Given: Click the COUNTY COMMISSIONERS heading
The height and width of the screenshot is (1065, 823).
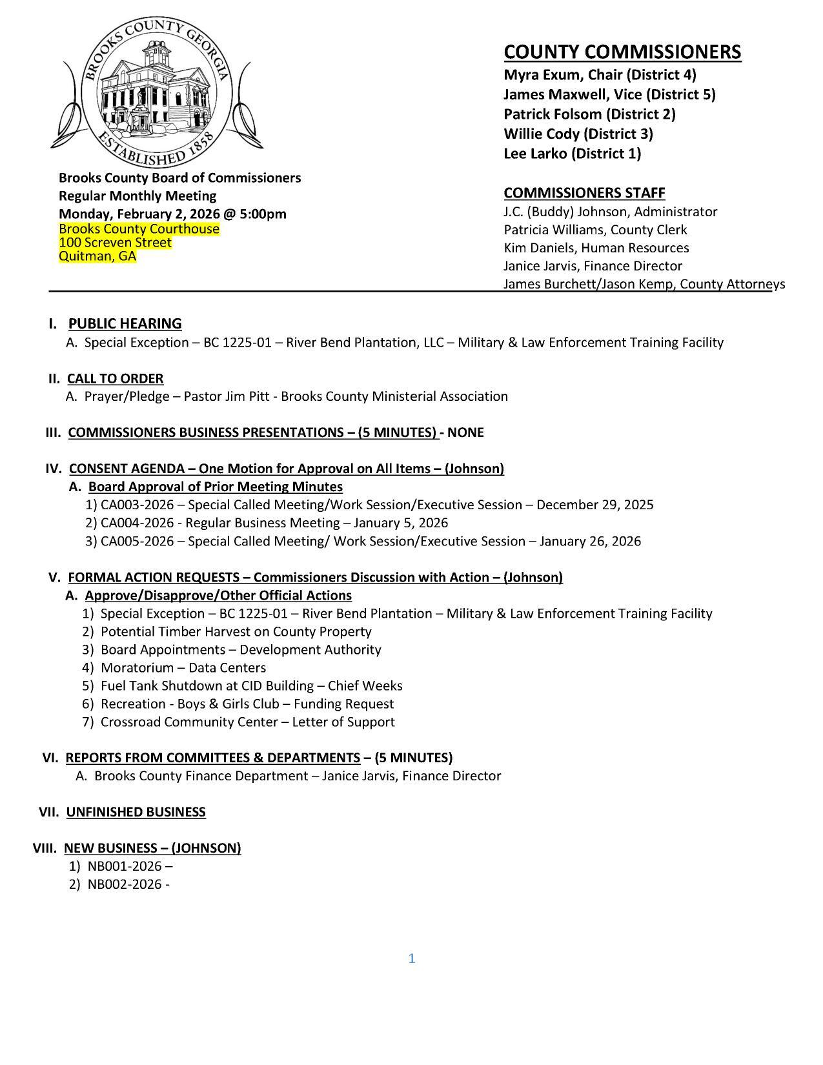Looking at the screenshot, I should [x=622, y=52].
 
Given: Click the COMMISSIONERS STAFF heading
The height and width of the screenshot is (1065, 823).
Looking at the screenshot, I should [x=584, y=192].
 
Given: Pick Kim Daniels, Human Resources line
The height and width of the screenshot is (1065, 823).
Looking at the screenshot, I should [x=596, y=248].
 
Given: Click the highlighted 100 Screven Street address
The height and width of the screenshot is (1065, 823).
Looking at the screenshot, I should [x=115, y=243].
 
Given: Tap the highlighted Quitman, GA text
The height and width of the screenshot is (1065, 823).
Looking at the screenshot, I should [x=97, y=256].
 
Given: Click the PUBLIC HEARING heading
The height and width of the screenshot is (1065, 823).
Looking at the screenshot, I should [x=125, y=323].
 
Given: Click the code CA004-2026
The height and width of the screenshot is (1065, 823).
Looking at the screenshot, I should [x=137, y=523].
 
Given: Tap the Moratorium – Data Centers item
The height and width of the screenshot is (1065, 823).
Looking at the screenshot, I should [x=183, y=667].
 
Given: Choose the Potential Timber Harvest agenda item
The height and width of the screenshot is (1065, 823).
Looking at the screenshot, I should [x=236, y=631].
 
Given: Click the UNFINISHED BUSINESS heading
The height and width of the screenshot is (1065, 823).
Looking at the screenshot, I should [x=136, y=812].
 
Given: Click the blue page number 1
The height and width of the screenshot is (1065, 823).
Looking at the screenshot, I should [x=412, y=959].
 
